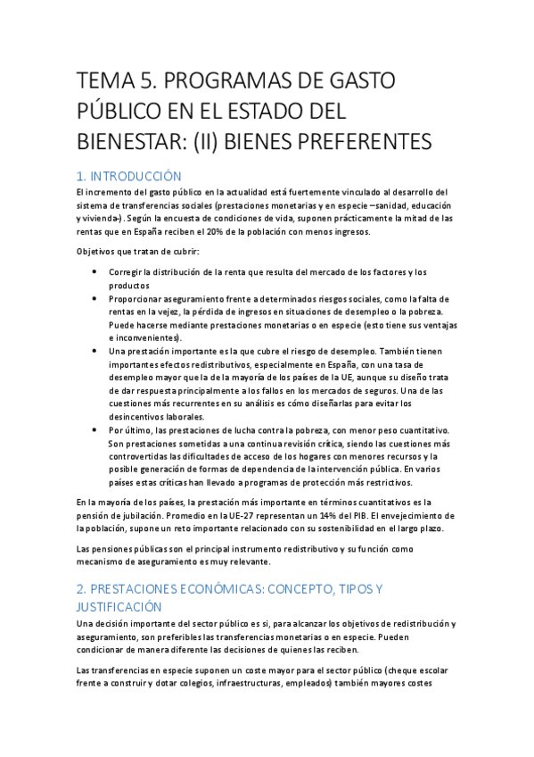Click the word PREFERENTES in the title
pos(366,141)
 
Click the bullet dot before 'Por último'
pos(95,430)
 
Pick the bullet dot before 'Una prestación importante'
pos(95,352)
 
